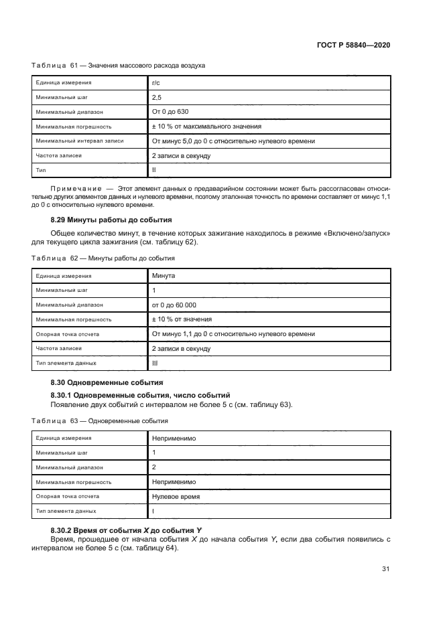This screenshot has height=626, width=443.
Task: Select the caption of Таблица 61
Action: click(x=119, y=66)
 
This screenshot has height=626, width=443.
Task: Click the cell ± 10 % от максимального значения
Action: click(x=206, y=127)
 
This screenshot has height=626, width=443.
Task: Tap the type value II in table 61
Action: click(x=154, y=171)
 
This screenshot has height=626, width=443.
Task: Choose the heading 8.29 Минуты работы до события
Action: click(x=111, y=220)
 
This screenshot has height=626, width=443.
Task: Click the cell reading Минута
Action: click(x=165, y=275)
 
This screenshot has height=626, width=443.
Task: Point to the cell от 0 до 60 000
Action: click(x=174, y=305)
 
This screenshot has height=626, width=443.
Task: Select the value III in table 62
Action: click(x=155, y=363)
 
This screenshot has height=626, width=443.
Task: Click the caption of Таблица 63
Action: click(x=100, y=421)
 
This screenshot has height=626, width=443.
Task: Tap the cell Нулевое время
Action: click(x=176, y=496)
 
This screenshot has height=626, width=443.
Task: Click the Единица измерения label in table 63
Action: click(x=64, y=438)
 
